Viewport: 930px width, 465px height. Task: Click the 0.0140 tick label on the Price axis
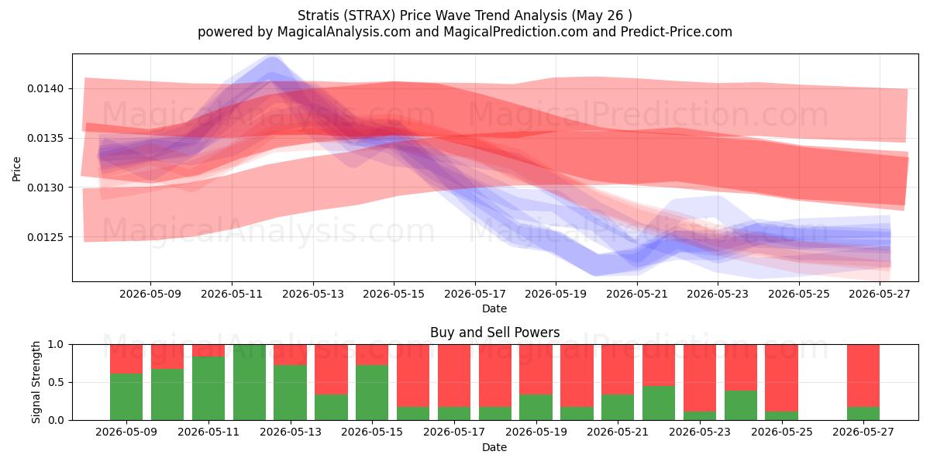coord(45,89)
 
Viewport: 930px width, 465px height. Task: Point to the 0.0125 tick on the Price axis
coord(45,237)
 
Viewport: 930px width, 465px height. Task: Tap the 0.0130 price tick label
coord(45,188)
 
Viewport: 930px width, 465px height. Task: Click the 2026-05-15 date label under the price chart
coord(394,294)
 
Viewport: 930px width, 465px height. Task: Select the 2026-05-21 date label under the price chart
coord(637,294)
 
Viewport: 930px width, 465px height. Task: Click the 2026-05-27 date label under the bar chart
coord(863,432)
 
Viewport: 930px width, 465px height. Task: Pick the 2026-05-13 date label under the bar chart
coord(291,432)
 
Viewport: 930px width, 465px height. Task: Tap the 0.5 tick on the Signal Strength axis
coord(56,382)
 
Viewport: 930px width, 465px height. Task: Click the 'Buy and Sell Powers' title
coord(495,332)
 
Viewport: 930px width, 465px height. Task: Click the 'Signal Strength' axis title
coord(36,382)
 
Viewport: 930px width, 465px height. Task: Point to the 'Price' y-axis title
coord(16,169)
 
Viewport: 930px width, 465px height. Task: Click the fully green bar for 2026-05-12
coord(250,382)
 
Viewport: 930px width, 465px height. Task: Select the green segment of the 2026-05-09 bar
coord(126,397)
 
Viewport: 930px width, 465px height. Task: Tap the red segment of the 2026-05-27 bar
coord(863,376)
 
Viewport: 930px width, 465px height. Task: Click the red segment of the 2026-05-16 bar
coord(413,376)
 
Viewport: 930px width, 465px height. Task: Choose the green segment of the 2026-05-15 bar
coord(372,393)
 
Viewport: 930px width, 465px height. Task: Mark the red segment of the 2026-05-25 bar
coord(781,378)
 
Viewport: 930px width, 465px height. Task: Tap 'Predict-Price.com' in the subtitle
coord(677,32)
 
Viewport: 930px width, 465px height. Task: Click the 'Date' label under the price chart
coord(494,308)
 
